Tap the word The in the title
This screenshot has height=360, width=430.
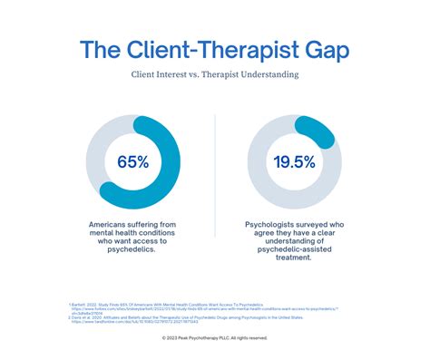click(103, 50)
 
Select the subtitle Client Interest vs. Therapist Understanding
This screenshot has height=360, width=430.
click(215, 78)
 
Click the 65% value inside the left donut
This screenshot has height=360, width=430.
click(132, 162)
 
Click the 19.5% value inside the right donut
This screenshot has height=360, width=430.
click(295, 162)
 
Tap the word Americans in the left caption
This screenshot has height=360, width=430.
click(107, 224)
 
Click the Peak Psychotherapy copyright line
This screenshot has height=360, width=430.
click(215, 338)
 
